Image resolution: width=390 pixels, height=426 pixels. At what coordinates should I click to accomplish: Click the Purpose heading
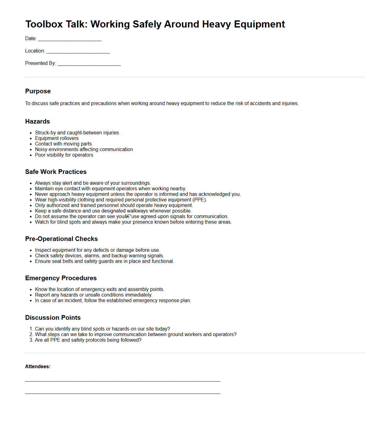(x=38, y=91)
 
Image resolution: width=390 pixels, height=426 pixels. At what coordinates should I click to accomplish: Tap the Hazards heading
(x=37, y=121)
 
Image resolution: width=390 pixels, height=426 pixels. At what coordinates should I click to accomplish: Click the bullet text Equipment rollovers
(x=57, y=138)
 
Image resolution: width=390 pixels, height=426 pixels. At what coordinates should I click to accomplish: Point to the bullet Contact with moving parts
(x=63, y=144)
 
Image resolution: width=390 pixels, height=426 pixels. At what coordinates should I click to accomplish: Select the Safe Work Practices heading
(x=56, y=172)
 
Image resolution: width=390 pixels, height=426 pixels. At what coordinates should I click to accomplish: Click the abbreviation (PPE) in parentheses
(x=199, y=200)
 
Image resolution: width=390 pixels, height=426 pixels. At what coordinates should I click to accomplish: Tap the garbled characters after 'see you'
(x=128, y=217)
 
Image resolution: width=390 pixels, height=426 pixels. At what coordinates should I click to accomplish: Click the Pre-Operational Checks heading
(x=61, y=239)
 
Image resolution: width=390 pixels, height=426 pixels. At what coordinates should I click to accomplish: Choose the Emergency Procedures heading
(x=61, y=278)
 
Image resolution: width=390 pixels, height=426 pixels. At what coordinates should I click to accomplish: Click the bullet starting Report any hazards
(x=93, y=295)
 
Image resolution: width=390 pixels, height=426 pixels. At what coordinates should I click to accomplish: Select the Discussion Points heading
(x=53, y=318)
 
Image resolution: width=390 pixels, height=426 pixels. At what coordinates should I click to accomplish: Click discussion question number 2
(x=136, y=335)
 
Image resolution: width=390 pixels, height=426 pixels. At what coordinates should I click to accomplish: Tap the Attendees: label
(x=38, y=367)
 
